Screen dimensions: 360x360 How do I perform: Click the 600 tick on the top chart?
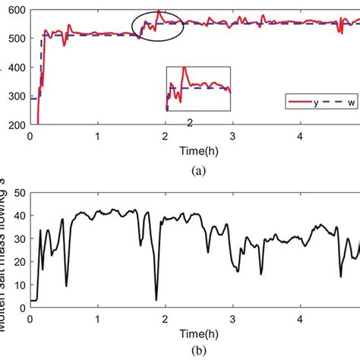pyautogui.click(x=15, y=9)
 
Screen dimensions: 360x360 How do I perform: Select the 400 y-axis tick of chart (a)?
pyautogui.click(x=15, y=67)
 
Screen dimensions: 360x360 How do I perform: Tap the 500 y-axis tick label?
pyautogui.click(x=15, y=38)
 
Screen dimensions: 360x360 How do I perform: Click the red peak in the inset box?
pyautogui.click(x=184, y=69)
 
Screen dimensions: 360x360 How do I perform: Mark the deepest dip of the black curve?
pyautogui.click(x=156, y=300)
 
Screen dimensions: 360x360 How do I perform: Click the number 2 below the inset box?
pyautogui.click(x=190, y=122)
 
